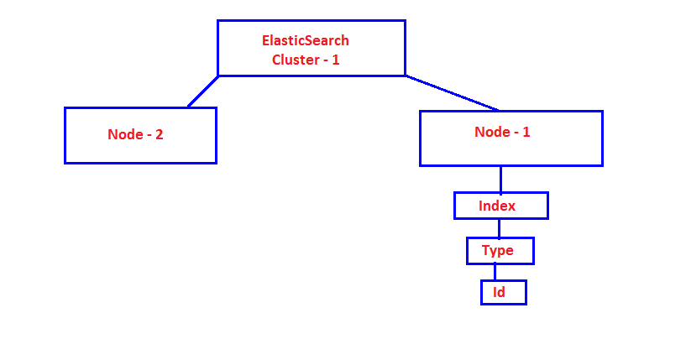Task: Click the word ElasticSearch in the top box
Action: pyautogui.click(x=305, y=40)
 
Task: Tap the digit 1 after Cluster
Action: pyautogui.click(x=335, y=60)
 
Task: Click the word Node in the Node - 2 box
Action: pyautogui.click(x=123, y=134)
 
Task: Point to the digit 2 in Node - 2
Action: pyautogui.click(x=159, y=134)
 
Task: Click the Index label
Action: pyautogui.click(x=497, y=206)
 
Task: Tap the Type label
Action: pyautogui.click(x=496, y=250)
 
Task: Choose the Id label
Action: pyautogui.click(x=498, y=292)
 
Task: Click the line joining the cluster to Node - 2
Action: pyautogui.click(x=202, y=91)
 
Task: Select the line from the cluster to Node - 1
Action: pyautogui.click(x=452, y=93)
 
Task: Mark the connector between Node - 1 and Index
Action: pyautogui.click(x=500, y=179)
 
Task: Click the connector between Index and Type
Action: pyautogui.click(x=499, y=228)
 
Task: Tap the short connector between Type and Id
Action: pyautogui.click(x=495, y=272)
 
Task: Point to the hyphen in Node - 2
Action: pyautogui.click(x=147, y=135)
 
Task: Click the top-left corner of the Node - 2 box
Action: pyautogui.click(x=65, y=108)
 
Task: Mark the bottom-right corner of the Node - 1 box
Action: pyautogui.click(x=601, y=164)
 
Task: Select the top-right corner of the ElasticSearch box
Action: pyautogui.click(x=405, y=21)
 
